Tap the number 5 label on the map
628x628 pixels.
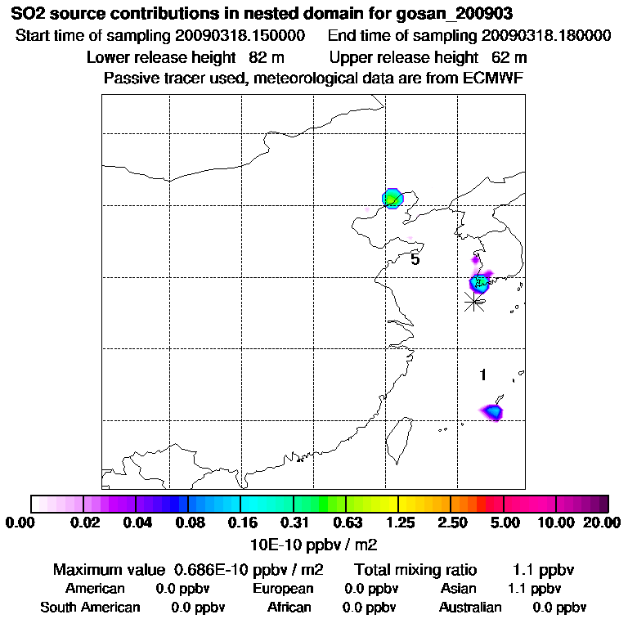(415, 259)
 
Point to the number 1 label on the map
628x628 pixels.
(483, 375)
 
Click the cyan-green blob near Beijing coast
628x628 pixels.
(393, 198)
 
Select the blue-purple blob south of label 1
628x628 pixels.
(493, 411)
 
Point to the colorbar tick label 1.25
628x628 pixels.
(399, 523)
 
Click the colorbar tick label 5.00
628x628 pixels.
(505, 523)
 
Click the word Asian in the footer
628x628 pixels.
(458, 589)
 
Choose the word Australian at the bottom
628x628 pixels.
(470, 608)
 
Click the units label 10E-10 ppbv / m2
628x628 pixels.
(313, 544)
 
